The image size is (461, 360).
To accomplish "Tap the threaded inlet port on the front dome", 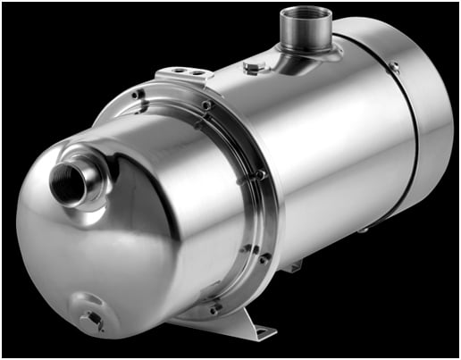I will point(71,180).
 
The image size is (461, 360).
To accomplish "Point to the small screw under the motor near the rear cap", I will point(365,230).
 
